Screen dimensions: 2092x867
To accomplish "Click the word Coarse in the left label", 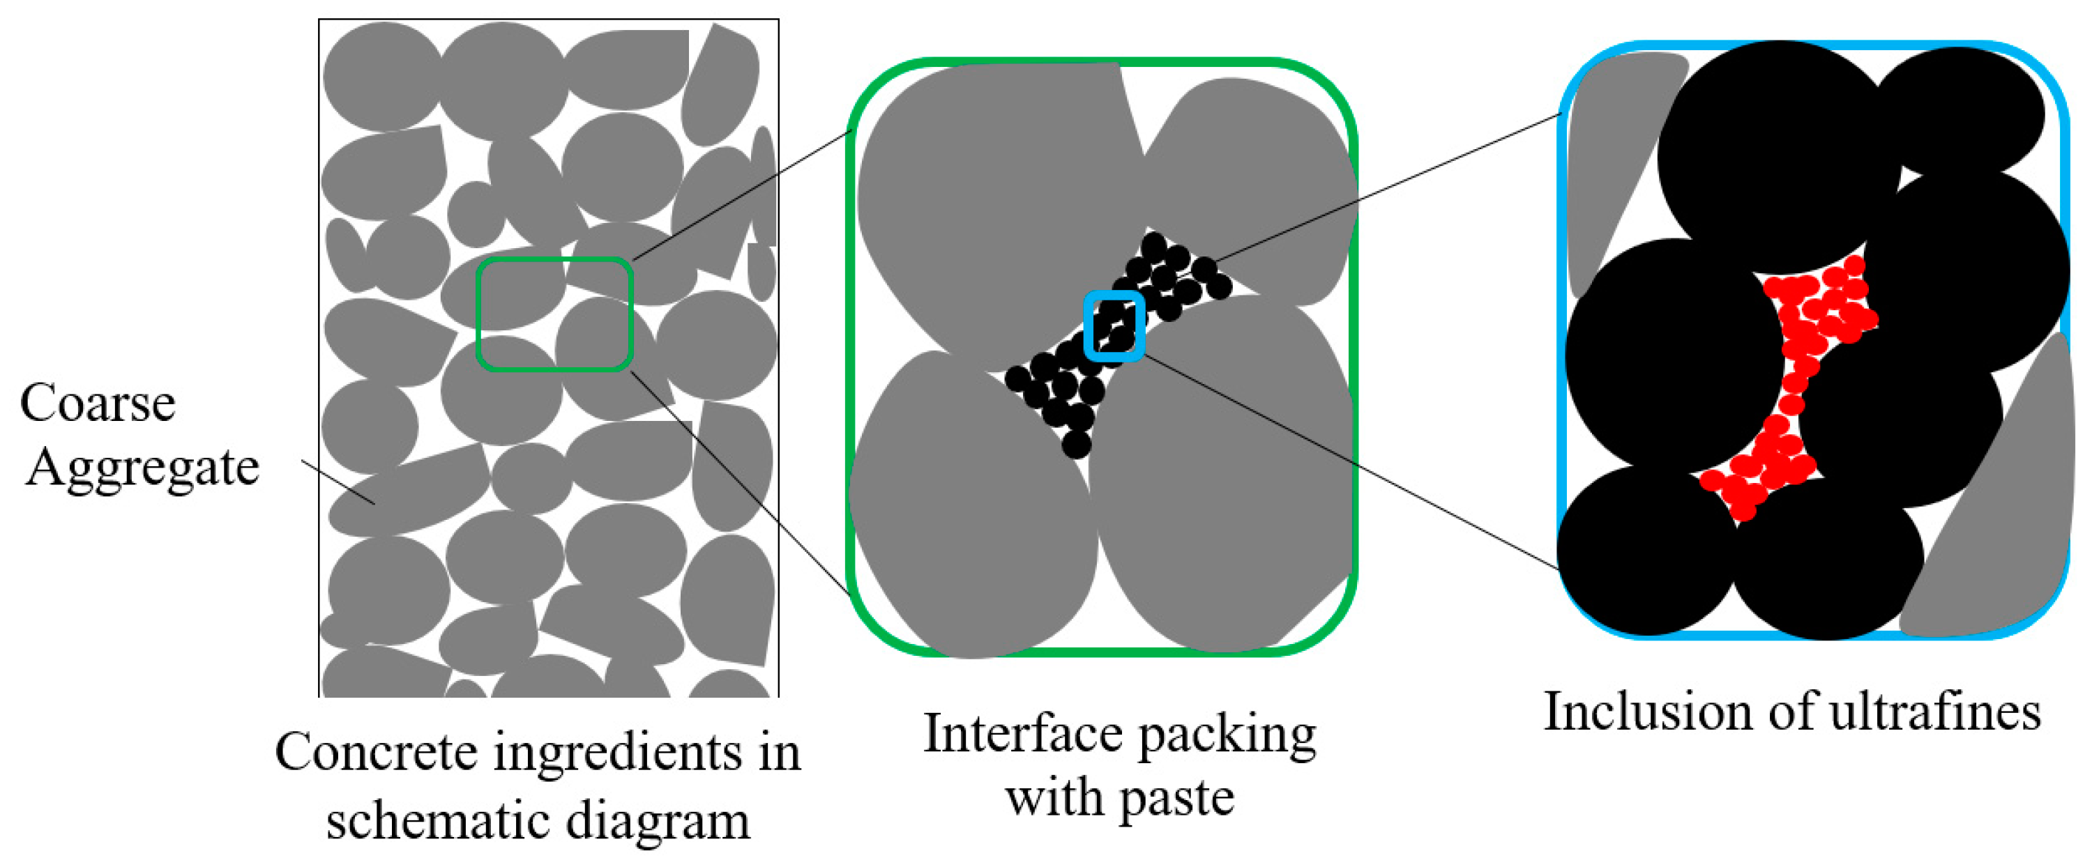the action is point(98,403).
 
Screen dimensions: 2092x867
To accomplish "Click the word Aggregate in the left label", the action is point(142,468).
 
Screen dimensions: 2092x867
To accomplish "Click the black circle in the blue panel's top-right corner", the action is point(1957,109).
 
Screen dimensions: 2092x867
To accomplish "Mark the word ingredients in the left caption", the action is point(617,752).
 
